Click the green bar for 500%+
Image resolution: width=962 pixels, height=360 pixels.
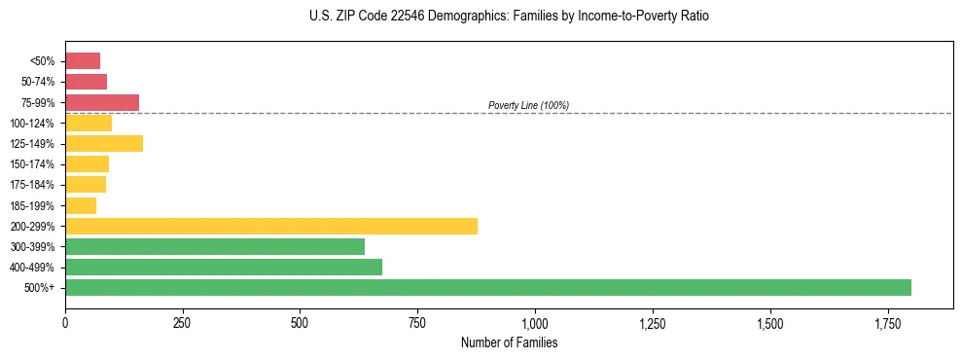[487, 287]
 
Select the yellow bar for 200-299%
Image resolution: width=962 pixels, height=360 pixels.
[271, 226]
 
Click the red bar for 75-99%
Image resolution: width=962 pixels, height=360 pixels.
[102, 102]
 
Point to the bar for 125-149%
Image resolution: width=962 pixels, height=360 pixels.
[104, 143]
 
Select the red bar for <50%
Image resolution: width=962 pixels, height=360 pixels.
[83, 60]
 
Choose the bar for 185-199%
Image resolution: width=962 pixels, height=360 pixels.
[81, 205]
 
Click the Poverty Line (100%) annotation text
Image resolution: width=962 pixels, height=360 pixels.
[528, 105]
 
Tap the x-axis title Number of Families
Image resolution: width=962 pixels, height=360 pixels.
[509, 342]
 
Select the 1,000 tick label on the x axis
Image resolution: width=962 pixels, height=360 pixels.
[535, 323]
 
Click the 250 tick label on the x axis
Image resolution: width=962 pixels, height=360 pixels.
[182, 323]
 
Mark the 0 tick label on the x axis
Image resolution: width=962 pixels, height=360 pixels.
[65, 323]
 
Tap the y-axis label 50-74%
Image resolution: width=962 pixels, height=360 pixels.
[38, 82]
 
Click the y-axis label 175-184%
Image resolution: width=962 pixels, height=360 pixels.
[35, 185]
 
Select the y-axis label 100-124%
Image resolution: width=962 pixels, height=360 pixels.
[35, 123]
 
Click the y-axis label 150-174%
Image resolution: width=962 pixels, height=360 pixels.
[35, 164]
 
